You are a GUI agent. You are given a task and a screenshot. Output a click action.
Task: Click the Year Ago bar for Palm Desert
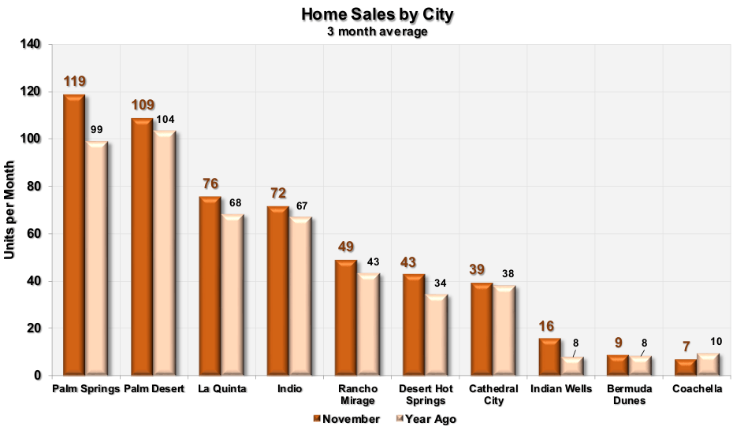(x=164, y=252)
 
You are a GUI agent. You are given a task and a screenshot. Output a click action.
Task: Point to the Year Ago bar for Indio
(x=299, y=295)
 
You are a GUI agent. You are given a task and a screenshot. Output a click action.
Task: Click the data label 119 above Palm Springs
(x=74, y=81)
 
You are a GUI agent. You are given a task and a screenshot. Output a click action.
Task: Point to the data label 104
(x=165, y=120)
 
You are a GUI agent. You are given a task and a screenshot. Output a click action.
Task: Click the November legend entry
(x=346, y=419)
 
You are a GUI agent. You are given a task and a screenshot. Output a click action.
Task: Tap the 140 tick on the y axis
(x=30, y=45)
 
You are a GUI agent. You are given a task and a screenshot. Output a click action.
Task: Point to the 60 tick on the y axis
(x=33, y=234)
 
